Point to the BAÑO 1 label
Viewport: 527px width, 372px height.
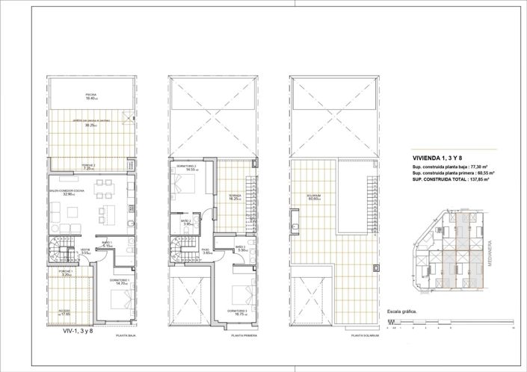107,244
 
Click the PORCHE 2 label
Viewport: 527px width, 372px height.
87,167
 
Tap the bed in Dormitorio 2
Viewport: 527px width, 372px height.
184,187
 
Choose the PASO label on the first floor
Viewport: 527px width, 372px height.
206,251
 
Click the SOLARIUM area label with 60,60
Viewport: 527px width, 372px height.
313,197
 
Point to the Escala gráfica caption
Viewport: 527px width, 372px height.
402,312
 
